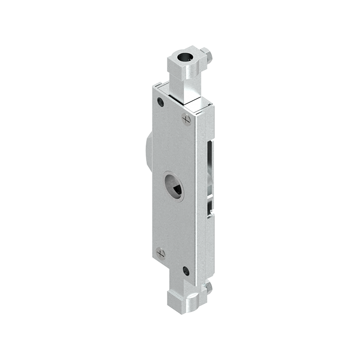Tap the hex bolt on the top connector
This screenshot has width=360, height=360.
point(207,55)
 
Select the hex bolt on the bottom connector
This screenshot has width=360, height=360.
point(207,287)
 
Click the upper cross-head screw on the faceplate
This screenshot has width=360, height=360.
point(186,119)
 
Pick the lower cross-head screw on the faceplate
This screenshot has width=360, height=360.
point(161,253)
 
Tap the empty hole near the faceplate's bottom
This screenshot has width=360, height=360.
point(186,270)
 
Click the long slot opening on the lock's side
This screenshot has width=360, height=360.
point(210,171)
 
